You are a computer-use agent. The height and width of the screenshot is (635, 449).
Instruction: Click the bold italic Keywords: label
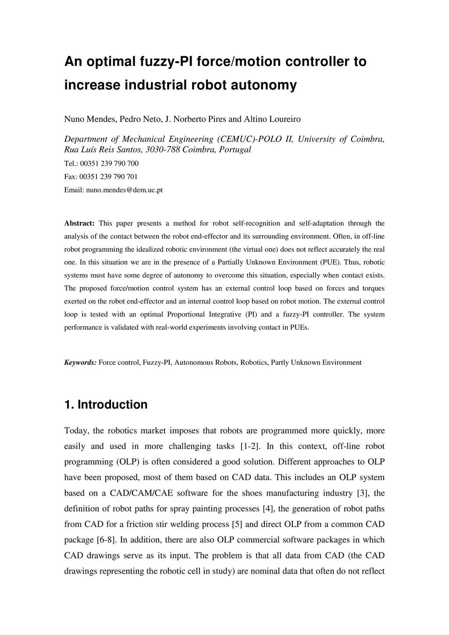pyautogui.click(x=80, y=362)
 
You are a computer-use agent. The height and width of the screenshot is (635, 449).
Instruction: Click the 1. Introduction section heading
pyautogui.click(x=106, y=404)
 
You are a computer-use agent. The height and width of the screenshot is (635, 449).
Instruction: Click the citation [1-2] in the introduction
pyautogui.click(x=250, y=446)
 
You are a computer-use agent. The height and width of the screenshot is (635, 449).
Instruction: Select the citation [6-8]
pyautogui.click(x=106, y=540)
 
